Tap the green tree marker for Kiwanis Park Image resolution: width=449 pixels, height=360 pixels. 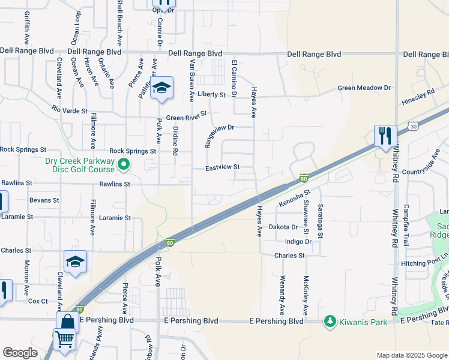(330, 322)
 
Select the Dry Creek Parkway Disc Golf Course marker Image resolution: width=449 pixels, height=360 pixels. (124, 163)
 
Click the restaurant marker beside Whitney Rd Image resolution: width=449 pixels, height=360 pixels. (384, 136)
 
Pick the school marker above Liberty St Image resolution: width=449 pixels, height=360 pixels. (160, 89)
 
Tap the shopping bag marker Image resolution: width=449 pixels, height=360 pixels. (67, 323)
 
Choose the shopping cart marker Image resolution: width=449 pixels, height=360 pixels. (64, 339)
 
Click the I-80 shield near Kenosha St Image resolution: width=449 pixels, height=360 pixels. (304, 178)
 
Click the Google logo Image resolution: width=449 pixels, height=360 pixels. (20, 353)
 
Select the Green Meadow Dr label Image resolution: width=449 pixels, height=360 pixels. (364, 88)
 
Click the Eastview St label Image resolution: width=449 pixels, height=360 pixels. (223, 167)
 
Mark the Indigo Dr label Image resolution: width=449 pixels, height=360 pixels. (298, 242)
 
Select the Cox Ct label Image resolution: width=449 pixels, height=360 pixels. (38, 301)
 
